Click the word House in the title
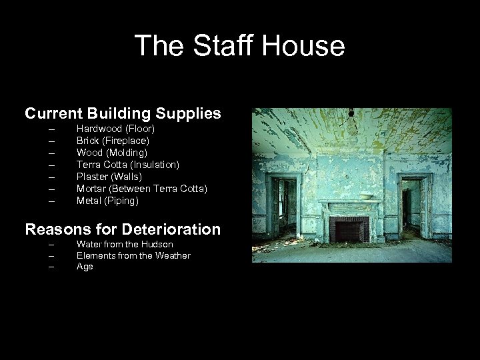point(303,46)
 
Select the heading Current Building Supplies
point(123,113)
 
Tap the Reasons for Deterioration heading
point(123,229)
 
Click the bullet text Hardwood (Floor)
point(115,129)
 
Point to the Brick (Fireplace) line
point(113,141)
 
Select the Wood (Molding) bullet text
point(112,153)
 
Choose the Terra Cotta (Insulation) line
point(128,165)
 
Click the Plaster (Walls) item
point(109,177)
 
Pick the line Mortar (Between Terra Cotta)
point(142,189)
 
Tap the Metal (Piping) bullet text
point(107,201)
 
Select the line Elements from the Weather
point(133,256)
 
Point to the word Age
point(85,267)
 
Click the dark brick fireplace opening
point(347,231)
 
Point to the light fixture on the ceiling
point(349,115)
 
